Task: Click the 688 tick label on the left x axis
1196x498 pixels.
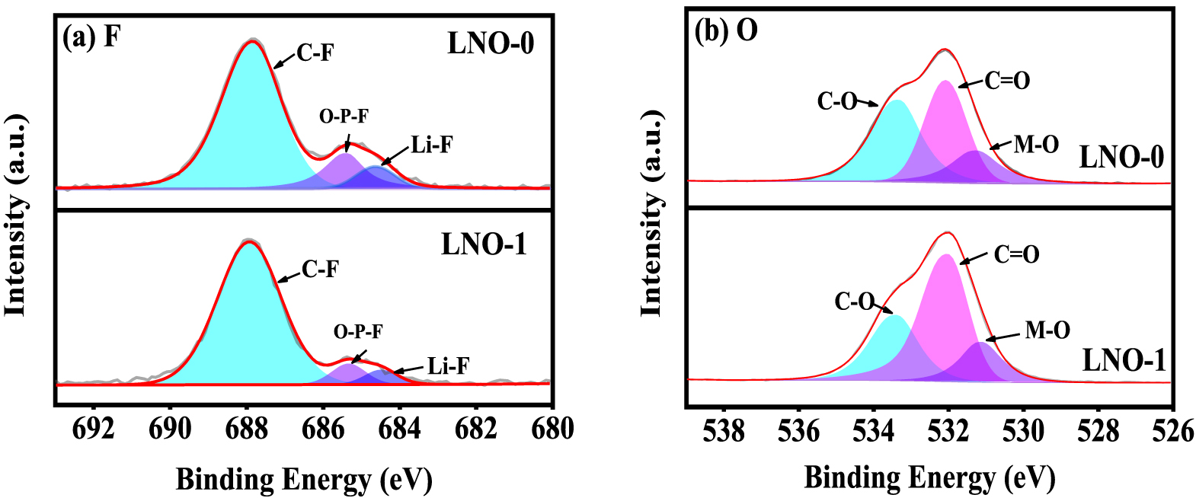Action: tap(246, 429)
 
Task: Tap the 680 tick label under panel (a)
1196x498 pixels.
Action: tap(552, 429)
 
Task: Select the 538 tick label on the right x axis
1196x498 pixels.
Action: tap(724, 432)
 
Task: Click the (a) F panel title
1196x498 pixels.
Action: tap(91, 37)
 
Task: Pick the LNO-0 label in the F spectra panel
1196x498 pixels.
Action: tap(491, 43)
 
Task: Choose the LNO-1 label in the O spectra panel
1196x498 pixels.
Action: tap(1124, 360)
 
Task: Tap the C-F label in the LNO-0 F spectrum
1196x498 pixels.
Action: tap(315, 53)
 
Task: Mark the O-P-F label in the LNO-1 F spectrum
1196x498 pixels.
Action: tap(358, 332)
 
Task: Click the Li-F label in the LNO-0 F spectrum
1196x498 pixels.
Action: tap(432, 145)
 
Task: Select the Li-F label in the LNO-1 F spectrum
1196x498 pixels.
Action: tap(448, 366)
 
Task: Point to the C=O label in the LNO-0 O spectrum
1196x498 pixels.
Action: tap(1007, 81)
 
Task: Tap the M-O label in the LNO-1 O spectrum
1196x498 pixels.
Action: tap(1047, 330)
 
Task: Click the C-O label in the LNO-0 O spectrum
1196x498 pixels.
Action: tap(837, 101)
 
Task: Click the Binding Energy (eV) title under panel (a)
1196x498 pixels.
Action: tap(304, 480)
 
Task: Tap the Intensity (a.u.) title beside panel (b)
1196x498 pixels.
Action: tap(651, 213)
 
